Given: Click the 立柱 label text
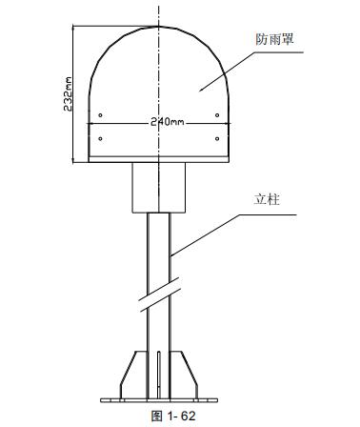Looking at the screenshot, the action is tap(267, 201).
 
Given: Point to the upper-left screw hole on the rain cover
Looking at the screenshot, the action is tap(99, 115).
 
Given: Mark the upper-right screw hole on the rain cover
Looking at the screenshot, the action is tap(219, 115).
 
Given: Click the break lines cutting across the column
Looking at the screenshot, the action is tap(159, 295).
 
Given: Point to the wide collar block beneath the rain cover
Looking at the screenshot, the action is tap(158, 186).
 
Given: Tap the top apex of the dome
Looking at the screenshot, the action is tap(158, 26).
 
